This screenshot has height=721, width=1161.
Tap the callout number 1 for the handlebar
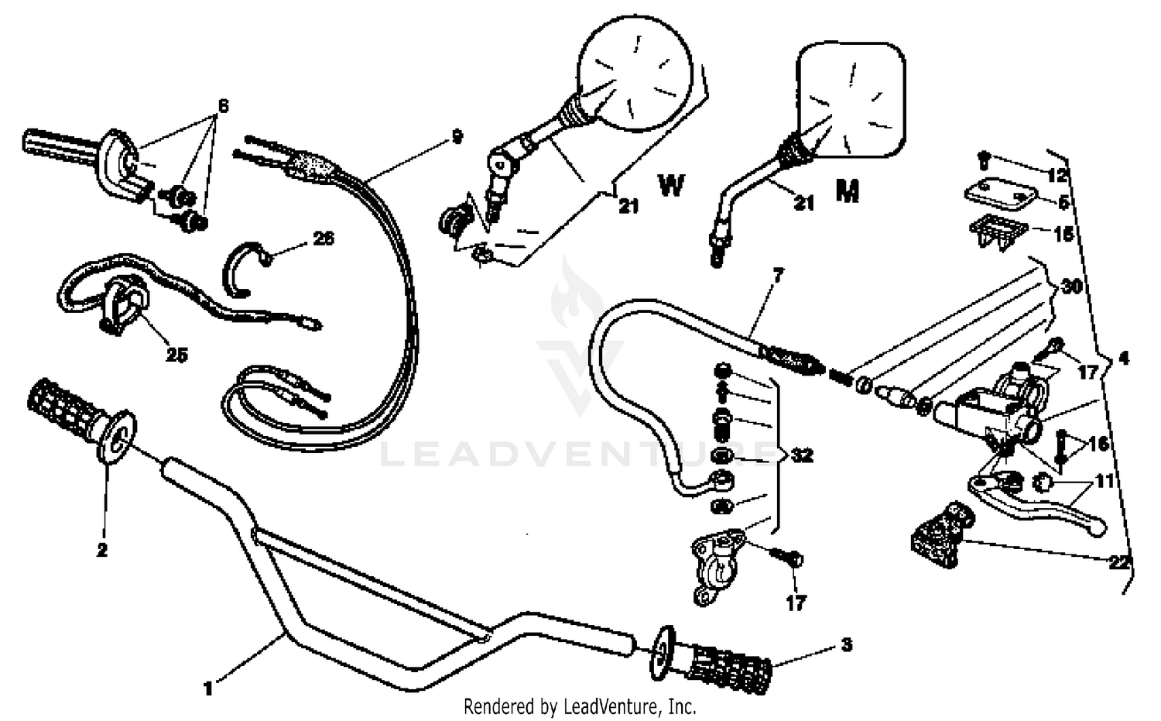207,687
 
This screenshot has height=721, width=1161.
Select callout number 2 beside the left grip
102,550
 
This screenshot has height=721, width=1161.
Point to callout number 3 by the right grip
846,644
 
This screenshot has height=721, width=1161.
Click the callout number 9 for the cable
457,137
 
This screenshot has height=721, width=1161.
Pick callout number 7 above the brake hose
778,274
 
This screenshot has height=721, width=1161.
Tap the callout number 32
802,455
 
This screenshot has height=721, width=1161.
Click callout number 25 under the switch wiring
176,355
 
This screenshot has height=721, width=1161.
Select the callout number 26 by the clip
324,239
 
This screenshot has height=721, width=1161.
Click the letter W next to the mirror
671,186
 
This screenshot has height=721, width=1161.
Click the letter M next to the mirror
848,191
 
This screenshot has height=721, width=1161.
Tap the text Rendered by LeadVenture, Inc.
580,706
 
